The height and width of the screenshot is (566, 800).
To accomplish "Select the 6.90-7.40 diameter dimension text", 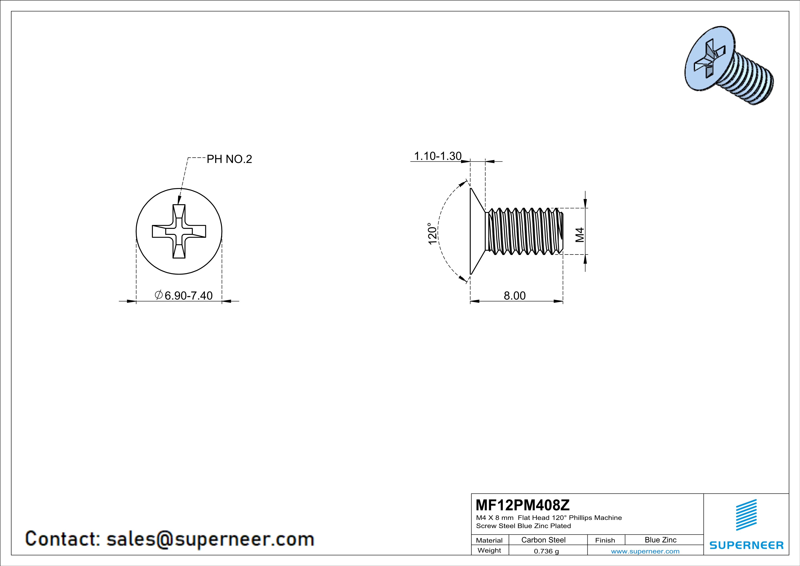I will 188,296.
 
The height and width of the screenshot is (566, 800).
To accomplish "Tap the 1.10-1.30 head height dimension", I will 438,156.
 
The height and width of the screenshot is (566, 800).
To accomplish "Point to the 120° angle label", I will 433,233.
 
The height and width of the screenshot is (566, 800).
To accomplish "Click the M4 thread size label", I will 579,235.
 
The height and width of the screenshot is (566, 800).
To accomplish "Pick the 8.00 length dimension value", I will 515,296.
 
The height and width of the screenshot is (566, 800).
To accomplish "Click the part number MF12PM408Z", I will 523,505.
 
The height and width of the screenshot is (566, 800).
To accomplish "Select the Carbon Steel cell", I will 543,540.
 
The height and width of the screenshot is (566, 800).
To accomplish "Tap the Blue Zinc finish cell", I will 660,540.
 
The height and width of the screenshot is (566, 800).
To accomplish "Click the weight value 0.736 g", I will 546,551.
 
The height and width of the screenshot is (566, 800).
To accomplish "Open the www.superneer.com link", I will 645,551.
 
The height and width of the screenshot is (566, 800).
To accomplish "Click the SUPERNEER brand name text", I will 746,545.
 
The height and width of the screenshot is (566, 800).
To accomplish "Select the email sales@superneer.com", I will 210,539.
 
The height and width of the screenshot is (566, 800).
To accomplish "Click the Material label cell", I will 489,540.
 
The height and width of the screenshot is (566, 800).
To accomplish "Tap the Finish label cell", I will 605,540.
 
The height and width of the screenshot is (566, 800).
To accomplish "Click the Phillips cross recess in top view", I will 179,231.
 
